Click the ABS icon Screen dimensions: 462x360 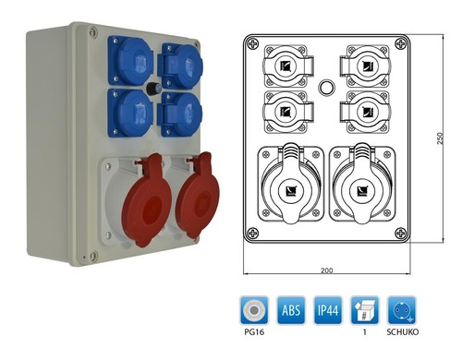(x=291, y=310)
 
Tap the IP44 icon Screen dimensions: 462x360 (x=328, y=310)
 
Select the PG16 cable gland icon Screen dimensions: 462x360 (x=254, y=310)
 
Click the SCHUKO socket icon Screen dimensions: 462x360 (x=402, y=310)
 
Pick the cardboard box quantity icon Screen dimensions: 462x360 (x=365, y=310)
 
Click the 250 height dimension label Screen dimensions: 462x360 (x=440, y=138)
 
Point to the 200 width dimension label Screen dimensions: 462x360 (x=327, y=270)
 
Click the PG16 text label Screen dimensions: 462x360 (x=254, y=332)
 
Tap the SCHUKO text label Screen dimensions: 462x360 (x=403, y=332)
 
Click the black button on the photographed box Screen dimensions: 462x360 (x=152, y=89)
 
